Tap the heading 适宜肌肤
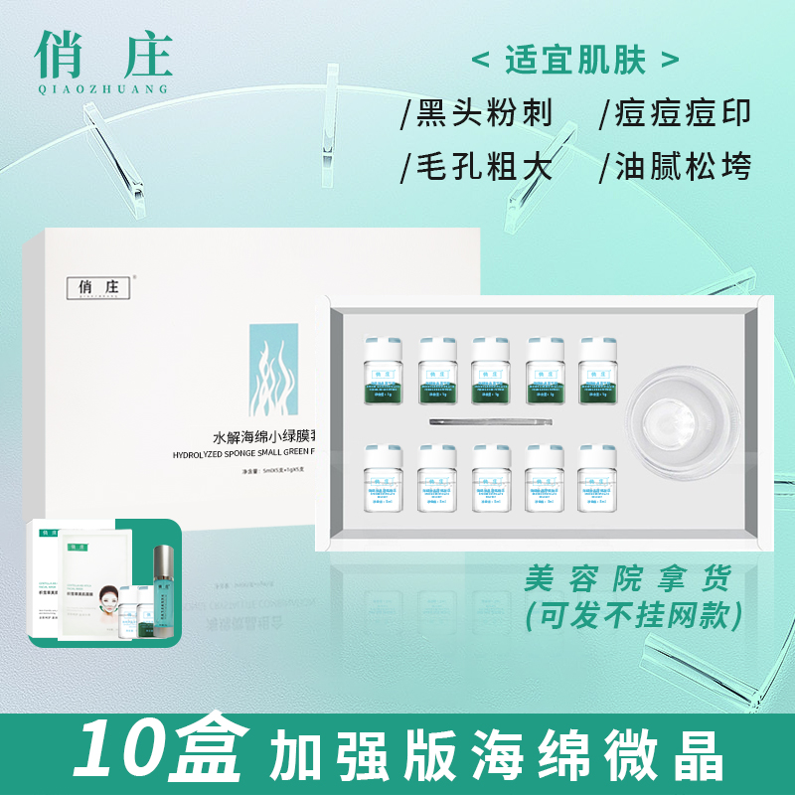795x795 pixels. click(576, 60)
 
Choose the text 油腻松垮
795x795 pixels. click(675, 165)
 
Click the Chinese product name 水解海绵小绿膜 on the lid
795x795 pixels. click(265, 435)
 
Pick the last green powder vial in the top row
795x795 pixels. click(598, 367)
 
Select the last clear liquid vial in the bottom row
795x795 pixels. click(598, 476)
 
